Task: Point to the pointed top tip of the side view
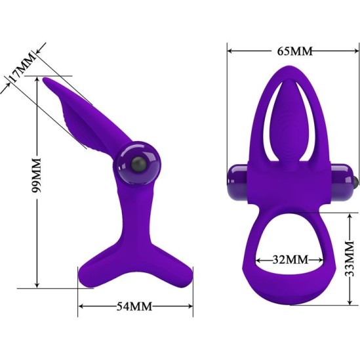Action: click(47, 80)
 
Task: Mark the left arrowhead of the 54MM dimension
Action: click(81, 307)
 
